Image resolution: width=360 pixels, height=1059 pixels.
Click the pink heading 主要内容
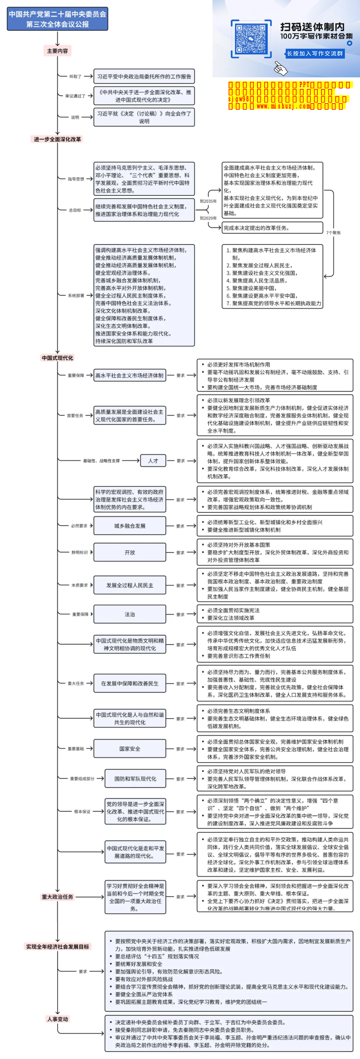[x=58, y=51]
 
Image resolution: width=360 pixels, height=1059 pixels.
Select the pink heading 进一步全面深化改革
[x=58, y=139]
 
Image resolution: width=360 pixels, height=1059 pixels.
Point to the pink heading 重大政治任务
[x=58, y=897]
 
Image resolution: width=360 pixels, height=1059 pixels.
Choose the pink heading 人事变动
[x=58, y=1019]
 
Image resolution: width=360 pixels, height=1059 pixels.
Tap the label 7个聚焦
[x=333, y=233]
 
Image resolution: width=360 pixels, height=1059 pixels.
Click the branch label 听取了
[x=75, y=76]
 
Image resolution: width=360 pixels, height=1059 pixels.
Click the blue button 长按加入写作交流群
[x=314, y=53]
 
